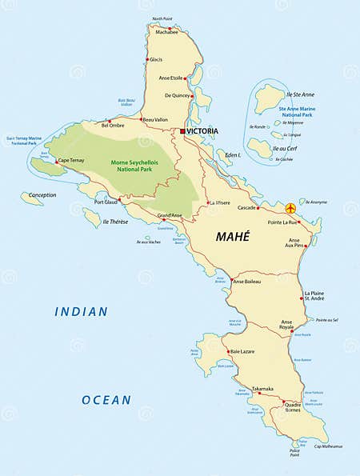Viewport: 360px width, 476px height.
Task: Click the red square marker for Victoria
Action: click(182, 130)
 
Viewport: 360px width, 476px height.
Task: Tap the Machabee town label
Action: click(166, 32)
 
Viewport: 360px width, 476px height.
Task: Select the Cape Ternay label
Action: click(71, 160)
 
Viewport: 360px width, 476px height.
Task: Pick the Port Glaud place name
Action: click(106, 202)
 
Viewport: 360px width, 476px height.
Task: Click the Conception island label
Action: click(42, 194)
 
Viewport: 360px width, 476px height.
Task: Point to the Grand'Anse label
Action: click(170, 215)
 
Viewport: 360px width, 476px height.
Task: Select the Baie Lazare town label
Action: click(245, 351)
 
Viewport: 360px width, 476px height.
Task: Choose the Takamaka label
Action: click(262, 388)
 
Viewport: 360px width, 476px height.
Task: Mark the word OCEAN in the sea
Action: click(106, 399)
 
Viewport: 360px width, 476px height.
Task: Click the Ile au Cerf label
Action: click(286, 149)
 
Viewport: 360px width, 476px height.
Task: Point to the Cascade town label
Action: click(246, 207)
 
